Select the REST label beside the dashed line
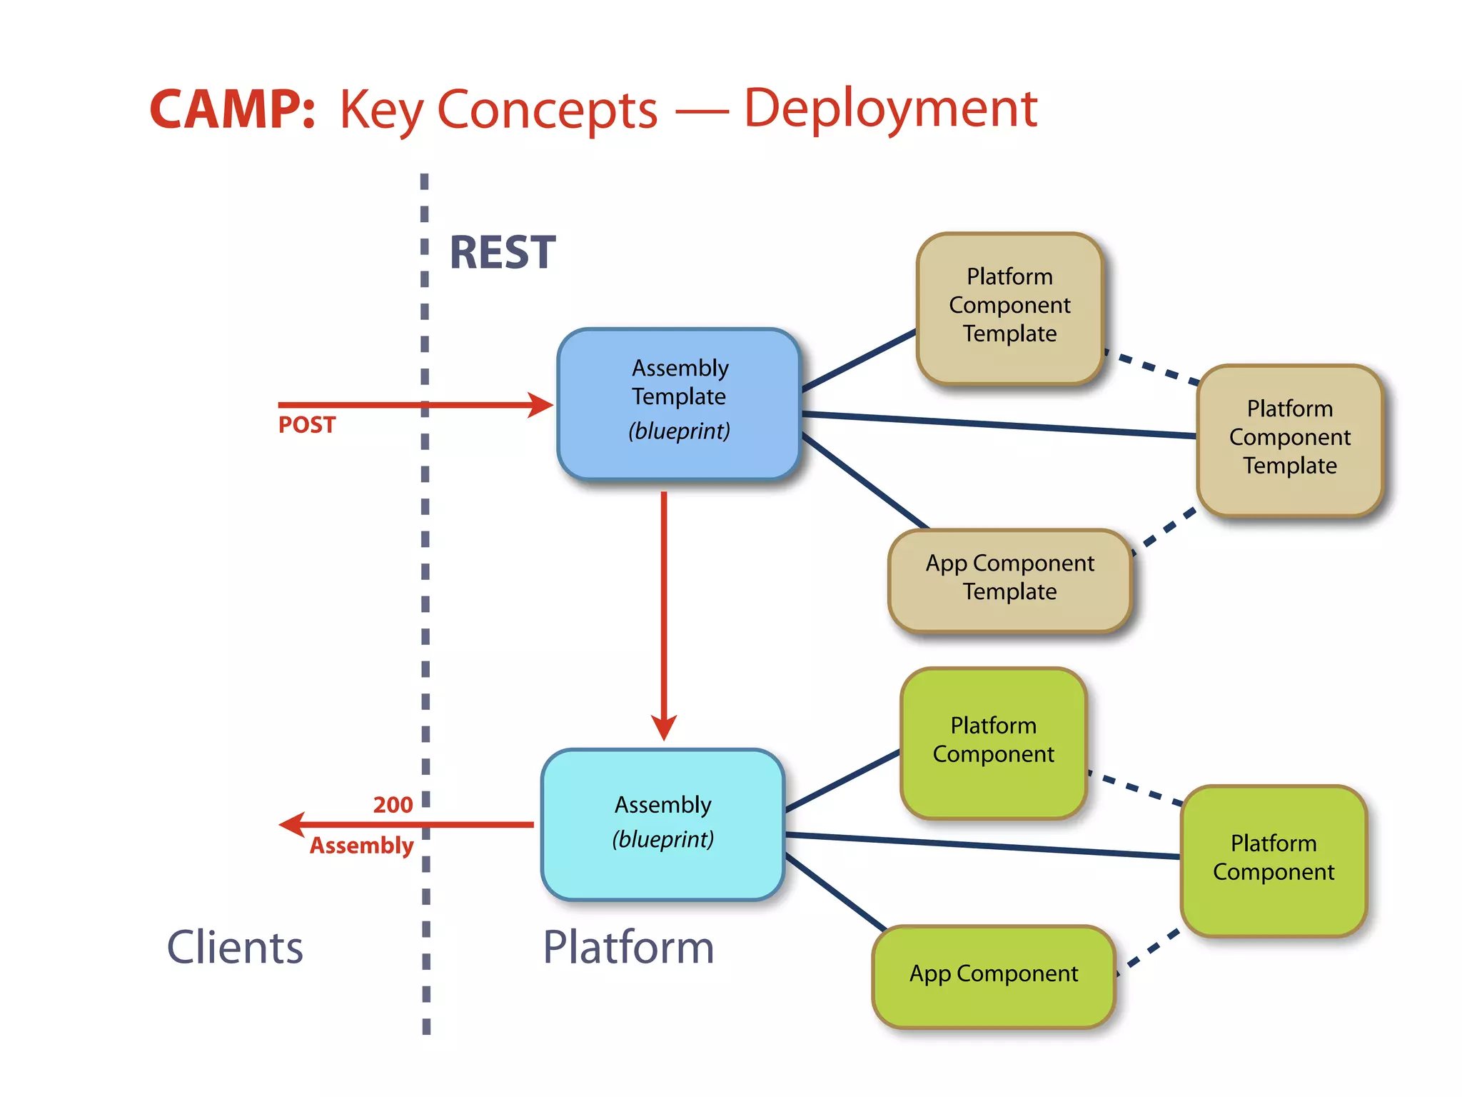click(x=502, y=253)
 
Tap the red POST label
click(x=306, y=425)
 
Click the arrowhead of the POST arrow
click(x=542, y=405)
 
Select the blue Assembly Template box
click(x=678, y=404)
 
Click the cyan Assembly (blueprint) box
click(x=662, y=823)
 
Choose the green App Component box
click(x=993, y=976)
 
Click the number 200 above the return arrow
click(x=393, y=805)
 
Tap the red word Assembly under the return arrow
click(x=361, y=846)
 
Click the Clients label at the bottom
click(x=235, y=947)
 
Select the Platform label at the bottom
click(x=627, y=947)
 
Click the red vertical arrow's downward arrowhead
click(x=663, y=728)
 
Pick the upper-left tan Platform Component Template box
click(x=1009, y=307)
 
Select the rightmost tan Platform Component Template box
click(x=1289, y=439)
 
